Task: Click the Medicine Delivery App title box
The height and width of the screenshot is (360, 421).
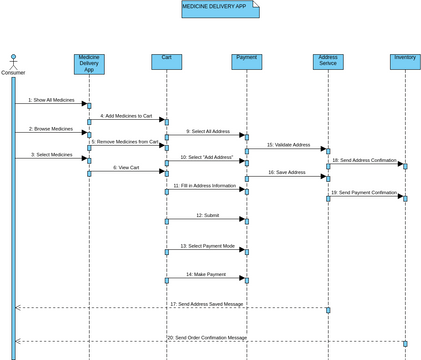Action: tap(220, 9)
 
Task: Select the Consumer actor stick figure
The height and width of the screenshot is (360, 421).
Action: tap(13, 60)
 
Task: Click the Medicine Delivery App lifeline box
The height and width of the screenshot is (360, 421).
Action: tap(89, 64)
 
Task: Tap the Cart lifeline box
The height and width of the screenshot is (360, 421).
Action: tap(167, 61)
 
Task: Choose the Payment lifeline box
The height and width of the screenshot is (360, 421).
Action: tap(247, 61)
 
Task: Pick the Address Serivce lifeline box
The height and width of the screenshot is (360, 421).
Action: tap(327, 61)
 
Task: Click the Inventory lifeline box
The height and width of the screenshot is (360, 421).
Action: tap(405, 61)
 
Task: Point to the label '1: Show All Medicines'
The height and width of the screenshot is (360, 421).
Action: tap(51, 100)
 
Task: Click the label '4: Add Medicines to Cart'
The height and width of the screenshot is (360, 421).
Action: tap(126, 116)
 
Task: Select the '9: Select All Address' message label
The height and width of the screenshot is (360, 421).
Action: tap(207, 131)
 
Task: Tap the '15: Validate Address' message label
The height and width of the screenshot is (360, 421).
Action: tap(288, 145)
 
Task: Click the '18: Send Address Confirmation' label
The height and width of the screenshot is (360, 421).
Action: tap(365, 160)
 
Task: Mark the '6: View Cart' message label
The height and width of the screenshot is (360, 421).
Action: tap(126, 168)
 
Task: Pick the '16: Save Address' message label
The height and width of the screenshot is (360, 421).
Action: tap(287, 172)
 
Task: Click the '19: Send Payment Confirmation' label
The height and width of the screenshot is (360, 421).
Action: tap(365, 192)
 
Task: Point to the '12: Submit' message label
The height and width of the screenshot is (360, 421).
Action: tap(207, 215)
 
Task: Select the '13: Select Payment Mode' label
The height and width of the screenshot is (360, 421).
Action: tap(207, 245)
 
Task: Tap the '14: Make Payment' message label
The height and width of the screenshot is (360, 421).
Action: tap(207, 274)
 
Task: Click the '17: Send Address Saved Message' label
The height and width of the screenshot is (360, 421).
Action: tap(206, 303)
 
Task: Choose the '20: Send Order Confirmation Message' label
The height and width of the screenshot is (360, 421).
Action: tap(207, 337)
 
